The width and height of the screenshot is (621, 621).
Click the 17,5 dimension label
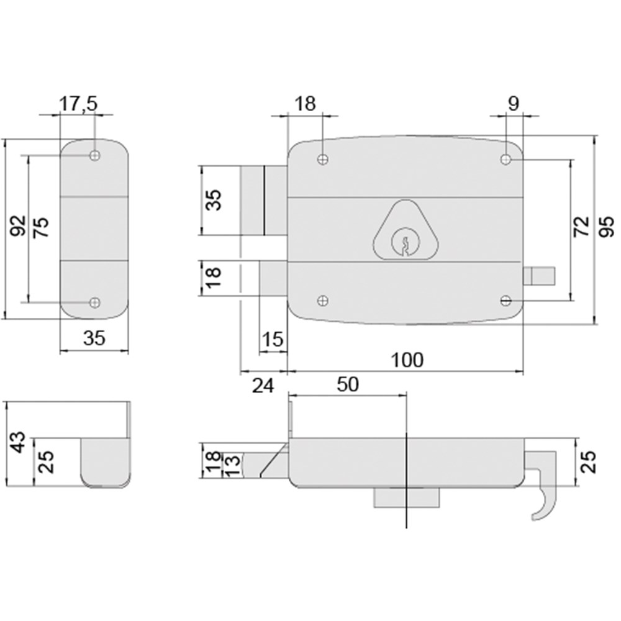coord(78,104)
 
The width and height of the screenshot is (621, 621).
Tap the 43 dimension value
coord(18,443)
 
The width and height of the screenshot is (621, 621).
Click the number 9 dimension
coord(513,104)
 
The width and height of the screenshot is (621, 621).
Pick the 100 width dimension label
coord(407,360)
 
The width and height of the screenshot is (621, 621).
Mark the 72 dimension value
coord(581,227)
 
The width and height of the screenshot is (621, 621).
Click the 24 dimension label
coord(263,386)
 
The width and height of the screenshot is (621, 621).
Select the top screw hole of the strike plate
coord(94,155)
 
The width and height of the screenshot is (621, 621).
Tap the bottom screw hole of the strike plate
coord(94,302)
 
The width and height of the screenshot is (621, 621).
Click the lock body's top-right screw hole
coord(505,160)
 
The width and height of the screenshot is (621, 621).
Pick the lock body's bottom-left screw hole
coord(322,301)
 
